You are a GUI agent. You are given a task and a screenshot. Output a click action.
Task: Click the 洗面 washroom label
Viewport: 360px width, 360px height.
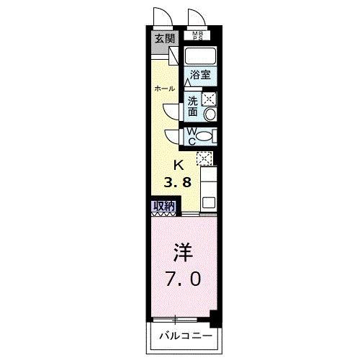193,107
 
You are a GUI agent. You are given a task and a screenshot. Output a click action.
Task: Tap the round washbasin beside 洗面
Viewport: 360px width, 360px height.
210,114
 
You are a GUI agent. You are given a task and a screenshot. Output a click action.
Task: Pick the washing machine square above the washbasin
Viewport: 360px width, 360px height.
210,100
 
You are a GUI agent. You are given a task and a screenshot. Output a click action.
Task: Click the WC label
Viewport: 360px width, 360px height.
192,135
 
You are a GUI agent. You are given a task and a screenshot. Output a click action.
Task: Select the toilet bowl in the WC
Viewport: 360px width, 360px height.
206,136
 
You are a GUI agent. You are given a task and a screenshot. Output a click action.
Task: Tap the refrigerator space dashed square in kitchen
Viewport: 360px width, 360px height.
204,158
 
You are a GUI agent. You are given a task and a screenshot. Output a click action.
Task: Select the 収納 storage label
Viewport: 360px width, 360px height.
163,207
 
